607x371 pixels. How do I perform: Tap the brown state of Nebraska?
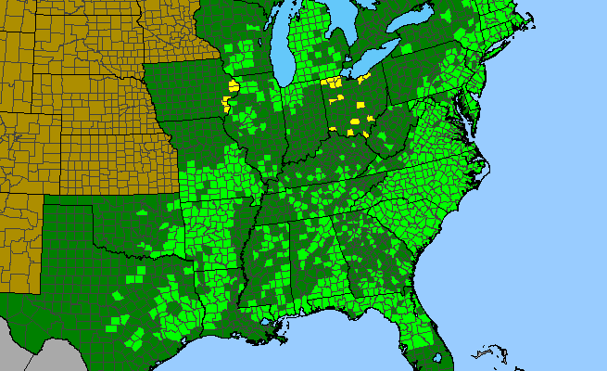[93, 93]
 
